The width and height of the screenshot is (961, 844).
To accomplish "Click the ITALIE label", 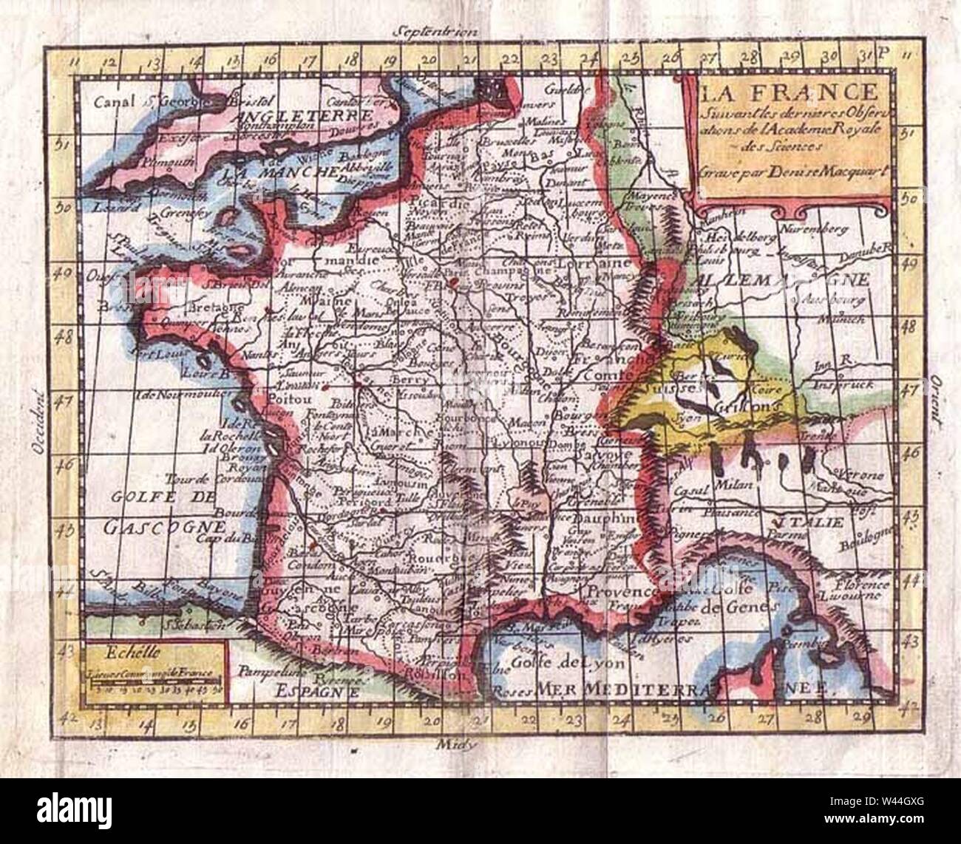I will point(817,522).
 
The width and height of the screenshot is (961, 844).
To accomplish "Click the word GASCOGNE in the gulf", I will point(163,528).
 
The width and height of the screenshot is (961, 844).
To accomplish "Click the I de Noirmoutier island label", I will point(174,392).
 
